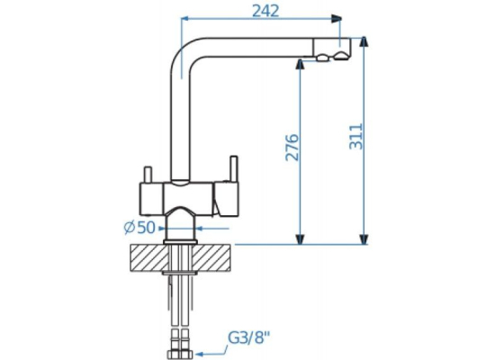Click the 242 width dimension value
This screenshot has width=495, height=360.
point(265,11)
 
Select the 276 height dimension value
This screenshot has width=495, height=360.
point(292,148)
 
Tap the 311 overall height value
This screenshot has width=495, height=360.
point(356,137)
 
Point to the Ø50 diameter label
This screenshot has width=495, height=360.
point(139,228)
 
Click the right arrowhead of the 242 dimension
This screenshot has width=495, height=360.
point(337,19)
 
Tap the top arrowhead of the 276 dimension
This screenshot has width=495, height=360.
point(300,65)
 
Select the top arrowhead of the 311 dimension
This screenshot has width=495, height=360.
point(364,41)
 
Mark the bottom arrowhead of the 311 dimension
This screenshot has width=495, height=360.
point(364,239)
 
